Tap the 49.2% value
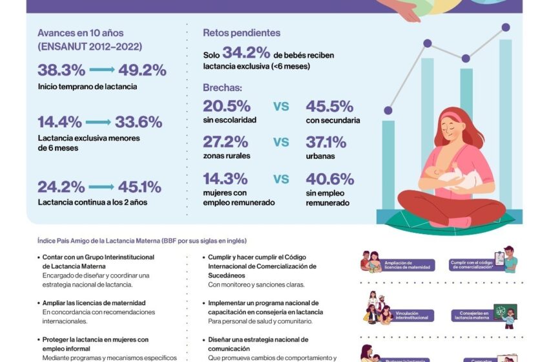tap(141, 70)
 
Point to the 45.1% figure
tap(139, 187)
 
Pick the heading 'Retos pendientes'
tap(242, 33)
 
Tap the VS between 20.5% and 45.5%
tap(281, 107)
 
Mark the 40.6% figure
tap(330, 179)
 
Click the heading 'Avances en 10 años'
tap(80, 33)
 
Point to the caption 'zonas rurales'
tap(226, 156)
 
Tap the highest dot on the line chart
tap(505, 27)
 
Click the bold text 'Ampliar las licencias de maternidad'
tap(94, 303)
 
